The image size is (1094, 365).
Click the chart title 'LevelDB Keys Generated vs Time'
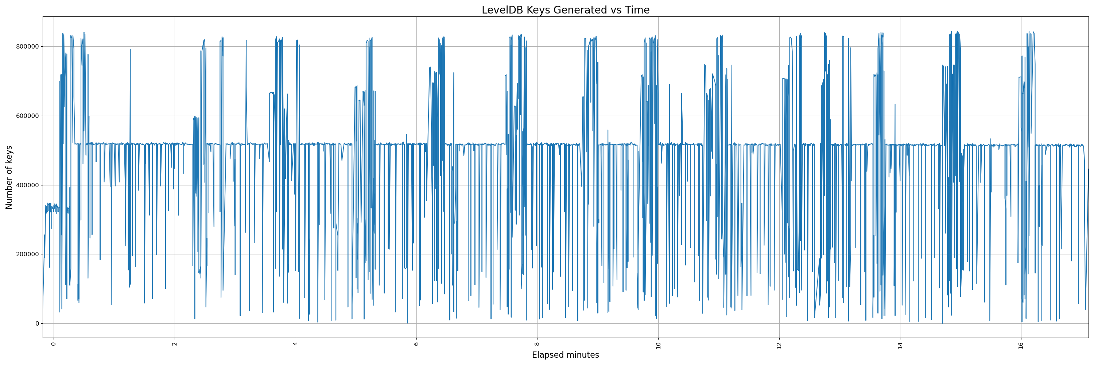[565, 10]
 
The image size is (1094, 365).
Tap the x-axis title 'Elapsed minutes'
[565, 355]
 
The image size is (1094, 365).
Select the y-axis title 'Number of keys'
[9, 177]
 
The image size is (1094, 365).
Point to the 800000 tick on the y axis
[28, 47]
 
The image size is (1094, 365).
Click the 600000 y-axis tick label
[28, 116]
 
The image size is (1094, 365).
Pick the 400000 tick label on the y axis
[28, 185]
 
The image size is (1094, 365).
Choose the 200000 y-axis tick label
[28, 254]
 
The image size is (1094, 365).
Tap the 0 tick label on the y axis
[37, 324]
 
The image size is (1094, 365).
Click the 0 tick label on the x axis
[54, 344]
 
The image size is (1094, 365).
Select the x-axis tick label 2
[175, 344]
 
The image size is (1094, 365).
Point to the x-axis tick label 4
[296, 344]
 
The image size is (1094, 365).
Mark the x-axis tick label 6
[416, 344]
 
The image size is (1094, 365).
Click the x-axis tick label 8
[537, 344]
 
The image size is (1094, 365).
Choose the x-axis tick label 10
[658, 345]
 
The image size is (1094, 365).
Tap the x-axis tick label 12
[779, 345]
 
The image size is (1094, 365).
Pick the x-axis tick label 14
[900, 345]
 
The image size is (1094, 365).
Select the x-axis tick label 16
[1021, 345]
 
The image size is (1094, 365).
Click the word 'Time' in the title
[637, 10]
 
